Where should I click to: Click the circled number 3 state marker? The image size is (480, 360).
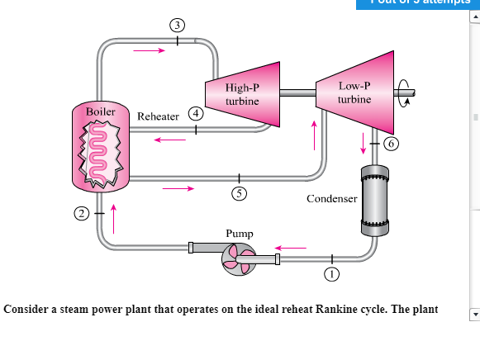coord(177,24)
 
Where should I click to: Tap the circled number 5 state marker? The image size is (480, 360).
coord(238,194)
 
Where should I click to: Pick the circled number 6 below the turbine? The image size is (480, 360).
coord(391,143)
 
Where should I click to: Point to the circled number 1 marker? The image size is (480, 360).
coord(331,274)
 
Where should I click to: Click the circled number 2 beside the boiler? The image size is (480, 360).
coord(81,214)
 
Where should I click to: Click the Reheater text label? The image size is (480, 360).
coord(158,117)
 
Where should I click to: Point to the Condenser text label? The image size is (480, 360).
coord(331,199)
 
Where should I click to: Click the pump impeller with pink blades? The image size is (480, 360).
coord(237,262)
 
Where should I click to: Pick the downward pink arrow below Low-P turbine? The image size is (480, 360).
coord(362,144)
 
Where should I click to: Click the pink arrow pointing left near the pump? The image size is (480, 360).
coord(291,246)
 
